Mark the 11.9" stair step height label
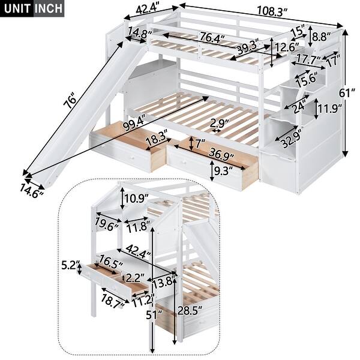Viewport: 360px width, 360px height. [331, 109]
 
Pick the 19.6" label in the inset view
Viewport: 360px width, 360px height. [106, 226]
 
